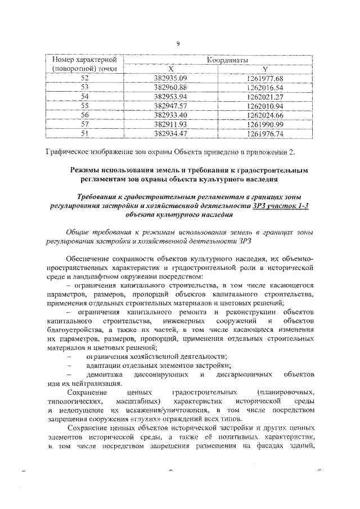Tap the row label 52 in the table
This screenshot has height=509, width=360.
[x=85, y=78]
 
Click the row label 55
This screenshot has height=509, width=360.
[x=85, y=106]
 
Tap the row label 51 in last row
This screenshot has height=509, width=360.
[x=85, y=133]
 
